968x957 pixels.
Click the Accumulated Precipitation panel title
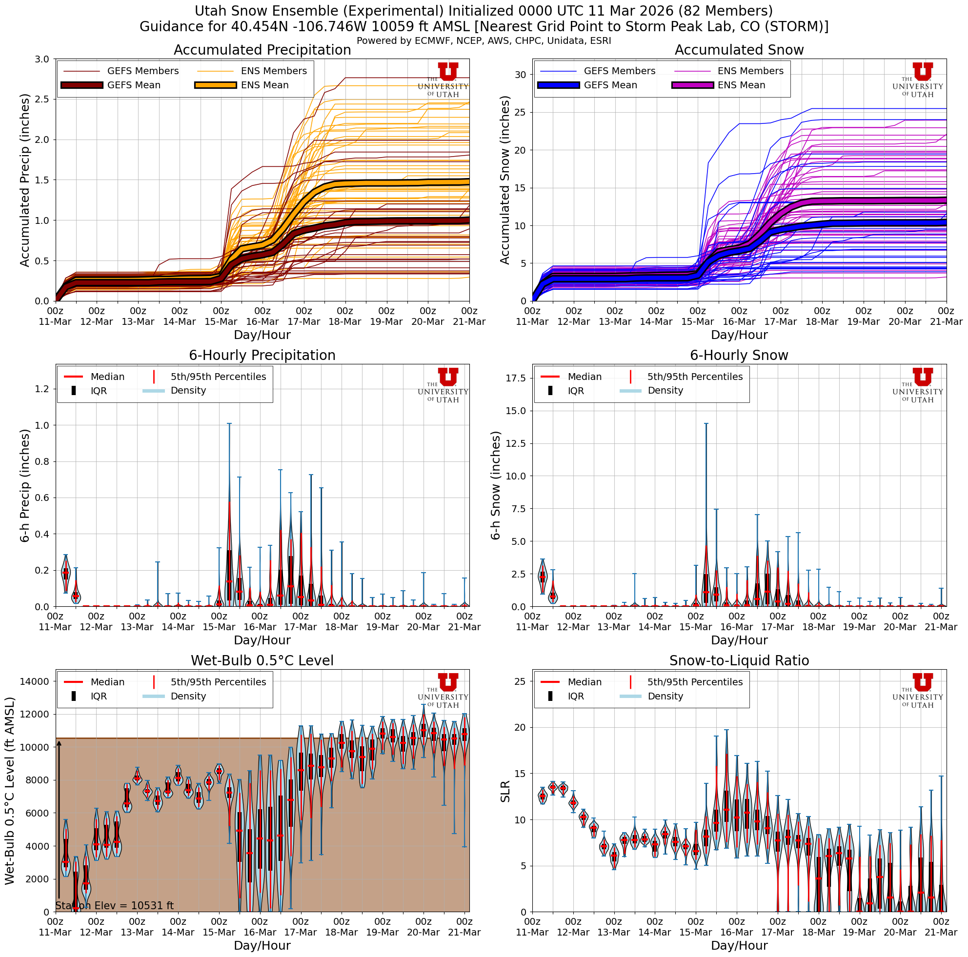pyautogui.click(x=262, y=50)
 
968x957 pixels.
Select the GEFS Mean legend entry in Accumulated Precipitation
pyautogui.click(x=133, y=85)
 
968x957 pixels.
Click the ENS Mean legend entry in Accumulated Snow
pyautogui.click(x=741, y=85)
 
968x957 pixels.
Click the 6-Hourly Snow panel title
pyautogui.click(x=739, y=356)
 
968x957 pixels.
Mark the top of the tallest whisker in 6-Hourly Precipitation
pyautogui.click(x=229, y=424)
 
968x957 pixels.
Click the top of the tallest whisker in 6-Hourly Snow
pyautogui.click(x=706, y=424)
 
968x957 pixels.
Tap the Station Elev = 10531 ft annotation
pyautogui.click(x=114, y=905)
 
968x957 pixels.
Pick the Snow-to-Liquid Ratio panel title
pyautogui.click(x=739, y=661)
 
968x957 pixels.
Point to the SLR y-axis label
pyautogui.click(x=505, y=791)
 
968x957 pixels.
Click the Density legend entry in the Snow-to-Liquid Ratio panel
pyautogui.click(x=665, y=696)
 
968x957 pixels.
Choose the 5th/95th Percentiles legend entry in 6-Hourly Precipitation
pyautogui.click(x=218, y=377)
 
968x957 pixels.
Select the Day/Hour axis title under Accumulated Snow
pyautogui.click(x=739, y=335)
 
